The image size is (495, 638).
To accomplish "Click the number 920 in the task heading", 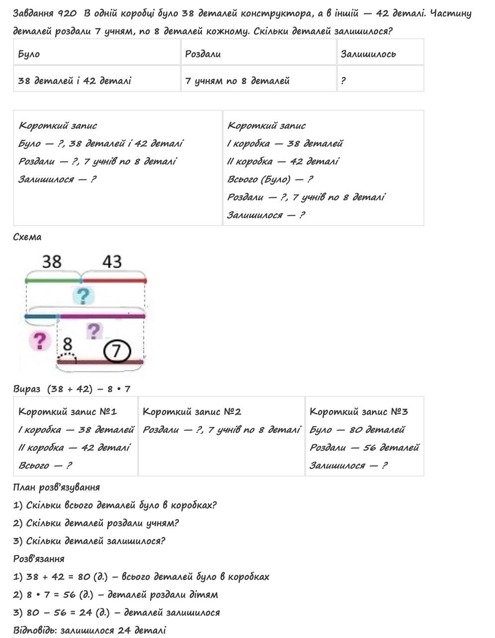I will point(68,13).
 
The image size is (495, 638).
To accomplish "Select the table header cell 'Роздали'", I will point(203,54).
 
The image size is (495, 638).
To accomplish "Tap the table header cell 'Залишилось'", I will point(368,54).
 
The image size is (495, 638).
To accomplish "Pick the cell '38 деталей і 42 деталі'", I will point(75,80).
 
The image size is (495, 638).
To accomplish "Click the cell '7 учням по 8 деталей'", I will point(237,80).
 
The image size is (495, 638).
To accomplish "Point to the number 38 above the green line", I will point(52,261).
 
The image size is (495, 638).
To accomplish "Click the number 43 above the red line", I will point(112,261).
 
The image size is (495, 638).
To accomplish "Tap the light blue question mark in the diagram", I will point(83,296).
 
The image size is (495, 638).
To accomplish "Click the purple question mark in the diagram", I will point(94,330).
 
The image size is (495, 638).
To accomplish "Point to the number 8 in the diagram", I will point(68,344).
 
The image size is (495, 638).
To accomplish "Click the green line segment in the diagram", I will point(52,281).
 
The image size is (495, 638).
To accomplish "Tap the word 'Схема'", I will point(27,237).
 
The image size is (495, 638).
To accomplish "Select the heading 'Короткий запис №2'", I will point(192,411).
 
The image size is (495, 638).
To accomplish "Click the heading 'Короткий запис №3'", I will point(358,411).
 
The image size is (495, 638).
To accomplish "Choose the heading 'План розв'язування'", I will point(56,487).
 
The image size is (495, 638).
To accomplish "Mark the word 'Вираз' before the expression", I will point(27,389).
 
